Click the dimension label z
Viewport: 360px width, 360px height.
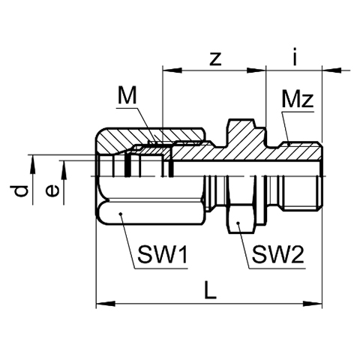[x=215, y=59]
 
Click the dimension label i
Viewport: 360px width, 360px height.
[x=295, y=56]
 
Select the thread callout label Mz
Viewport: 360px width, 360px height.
[x=298, y=99]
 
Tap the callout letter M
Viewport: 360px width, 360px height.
[x=127, y=95]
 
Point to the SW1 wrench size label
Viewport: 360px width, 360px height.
[x=163, y=254]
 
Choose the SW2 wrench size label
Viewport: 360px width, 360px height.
[x=278, y=254]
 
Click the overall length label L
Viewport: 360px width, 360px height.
[x=210, y=289]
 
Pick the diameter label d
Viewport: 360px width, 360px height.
[x=21, y=191]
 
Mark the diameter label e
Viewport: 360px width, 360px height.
[x=52, y=191]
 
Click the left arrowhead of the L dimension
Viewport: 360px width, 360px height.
[x=106, y=304]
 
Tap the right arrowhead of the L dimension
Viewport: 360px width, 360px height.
[x=313, y=304]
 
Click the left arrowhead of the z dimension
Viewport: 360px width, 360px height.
[x=172, y=70]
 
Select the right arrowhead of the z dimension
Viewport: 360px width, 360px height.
[x=256, y=70]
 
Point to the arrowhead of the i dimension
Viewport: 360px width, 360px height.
[x=331, y=70]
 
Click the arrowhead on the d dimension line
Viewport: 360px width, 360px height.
[x=32, y=164]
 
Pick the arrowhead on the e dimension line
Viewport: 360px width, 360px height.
[x=64, y=170]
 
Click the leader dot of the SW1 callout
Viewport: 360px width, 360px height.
[x=120, y=214]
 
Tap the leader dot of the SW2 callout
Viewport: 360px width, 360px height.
[x=238, y=223]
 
